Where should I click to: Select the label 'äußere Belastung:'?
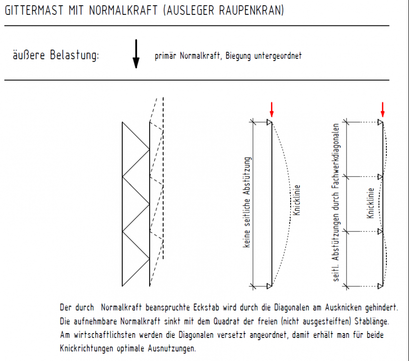56,55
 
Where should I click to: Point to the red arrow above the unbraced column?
271,109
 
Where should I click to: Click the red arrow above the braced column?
383,109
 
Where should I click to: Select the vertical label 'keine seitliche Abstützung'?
247,202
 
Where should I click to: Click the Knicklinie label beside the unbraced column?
297,200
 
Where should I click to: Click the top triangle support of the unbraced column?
269,123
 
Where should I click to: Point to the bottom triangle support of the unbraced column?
269,286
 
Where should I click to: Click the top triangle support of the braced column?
380,123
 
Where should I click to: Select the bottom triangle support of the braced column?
380,286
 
